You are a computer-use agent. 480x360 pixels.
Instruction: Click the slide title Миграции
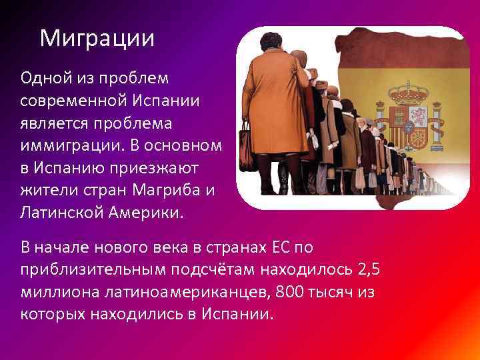(x=97, y=38)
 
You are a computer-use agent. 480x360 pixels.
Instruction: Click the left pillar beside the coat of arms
(x=382, y=123)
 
